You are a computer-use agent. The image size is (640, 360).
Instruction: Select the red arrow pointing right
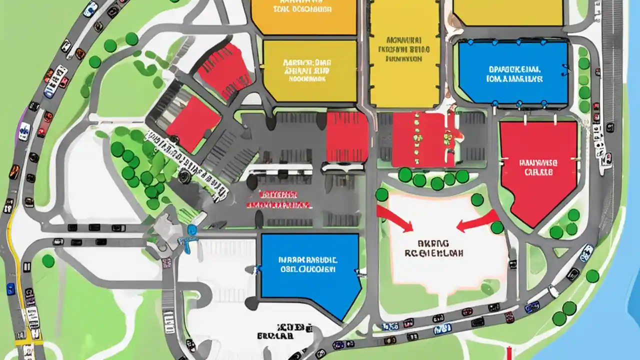click(395, 219)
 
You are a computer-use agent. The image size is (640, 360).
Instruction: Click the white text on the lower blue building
click(308, 264)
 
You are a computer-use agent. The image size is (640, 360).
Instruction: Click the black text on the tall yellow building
click(404, 49)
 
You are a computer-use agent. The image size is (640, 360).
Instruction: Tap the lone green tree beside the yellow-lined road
click(48, 260)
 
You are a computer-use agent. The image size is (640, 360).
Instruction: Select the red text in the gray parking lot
click(278, 199)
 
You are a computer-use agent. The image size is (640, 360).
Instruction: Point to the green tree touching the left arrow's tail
click(497, 227)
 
